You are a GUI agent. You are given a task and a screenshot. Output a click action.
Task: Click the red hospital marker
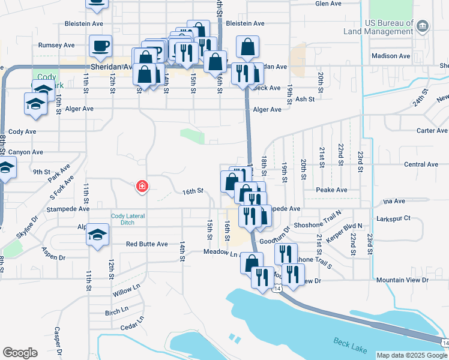pyautogui.click(x=142, y=187)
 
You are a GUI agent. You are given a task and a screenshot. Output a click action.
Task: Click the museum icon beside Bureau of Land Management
pyautogui.click(x=423, y=26)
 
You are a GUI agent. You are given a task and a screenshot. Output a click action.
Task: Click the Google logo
pyautogui.click(x=19, y=353)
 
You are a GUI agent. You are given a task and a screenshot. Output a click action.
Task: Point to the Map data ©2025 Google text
pyautogui.click(x=412, y=355)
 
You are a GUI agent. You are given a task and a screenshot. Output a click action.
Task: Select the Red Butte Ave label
pyautogui.click(x=146, y=244)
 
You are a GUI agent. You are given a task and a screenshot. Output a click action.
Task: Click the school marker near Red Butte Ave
pyautogui.click(x=97, y=235)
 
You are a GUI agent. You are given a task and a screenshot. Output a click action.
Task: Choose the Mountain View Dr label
pyautogui.click(x=402, y=280)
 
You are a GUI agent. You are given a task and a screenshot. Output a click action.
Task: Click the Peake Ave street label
pyautogui.click(x=331, y=190)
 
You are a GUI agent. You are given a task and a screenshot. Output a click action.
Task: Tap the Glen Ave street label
pyautogui.click(x=328, y=3)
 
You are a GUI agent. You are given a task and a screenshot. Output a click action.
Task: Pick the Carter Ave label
pyautogui.click(x=432, y=130)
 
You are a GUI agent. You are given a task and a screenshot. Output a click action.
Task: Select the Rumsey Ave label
pyautogui.click(x=56, y=45)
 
